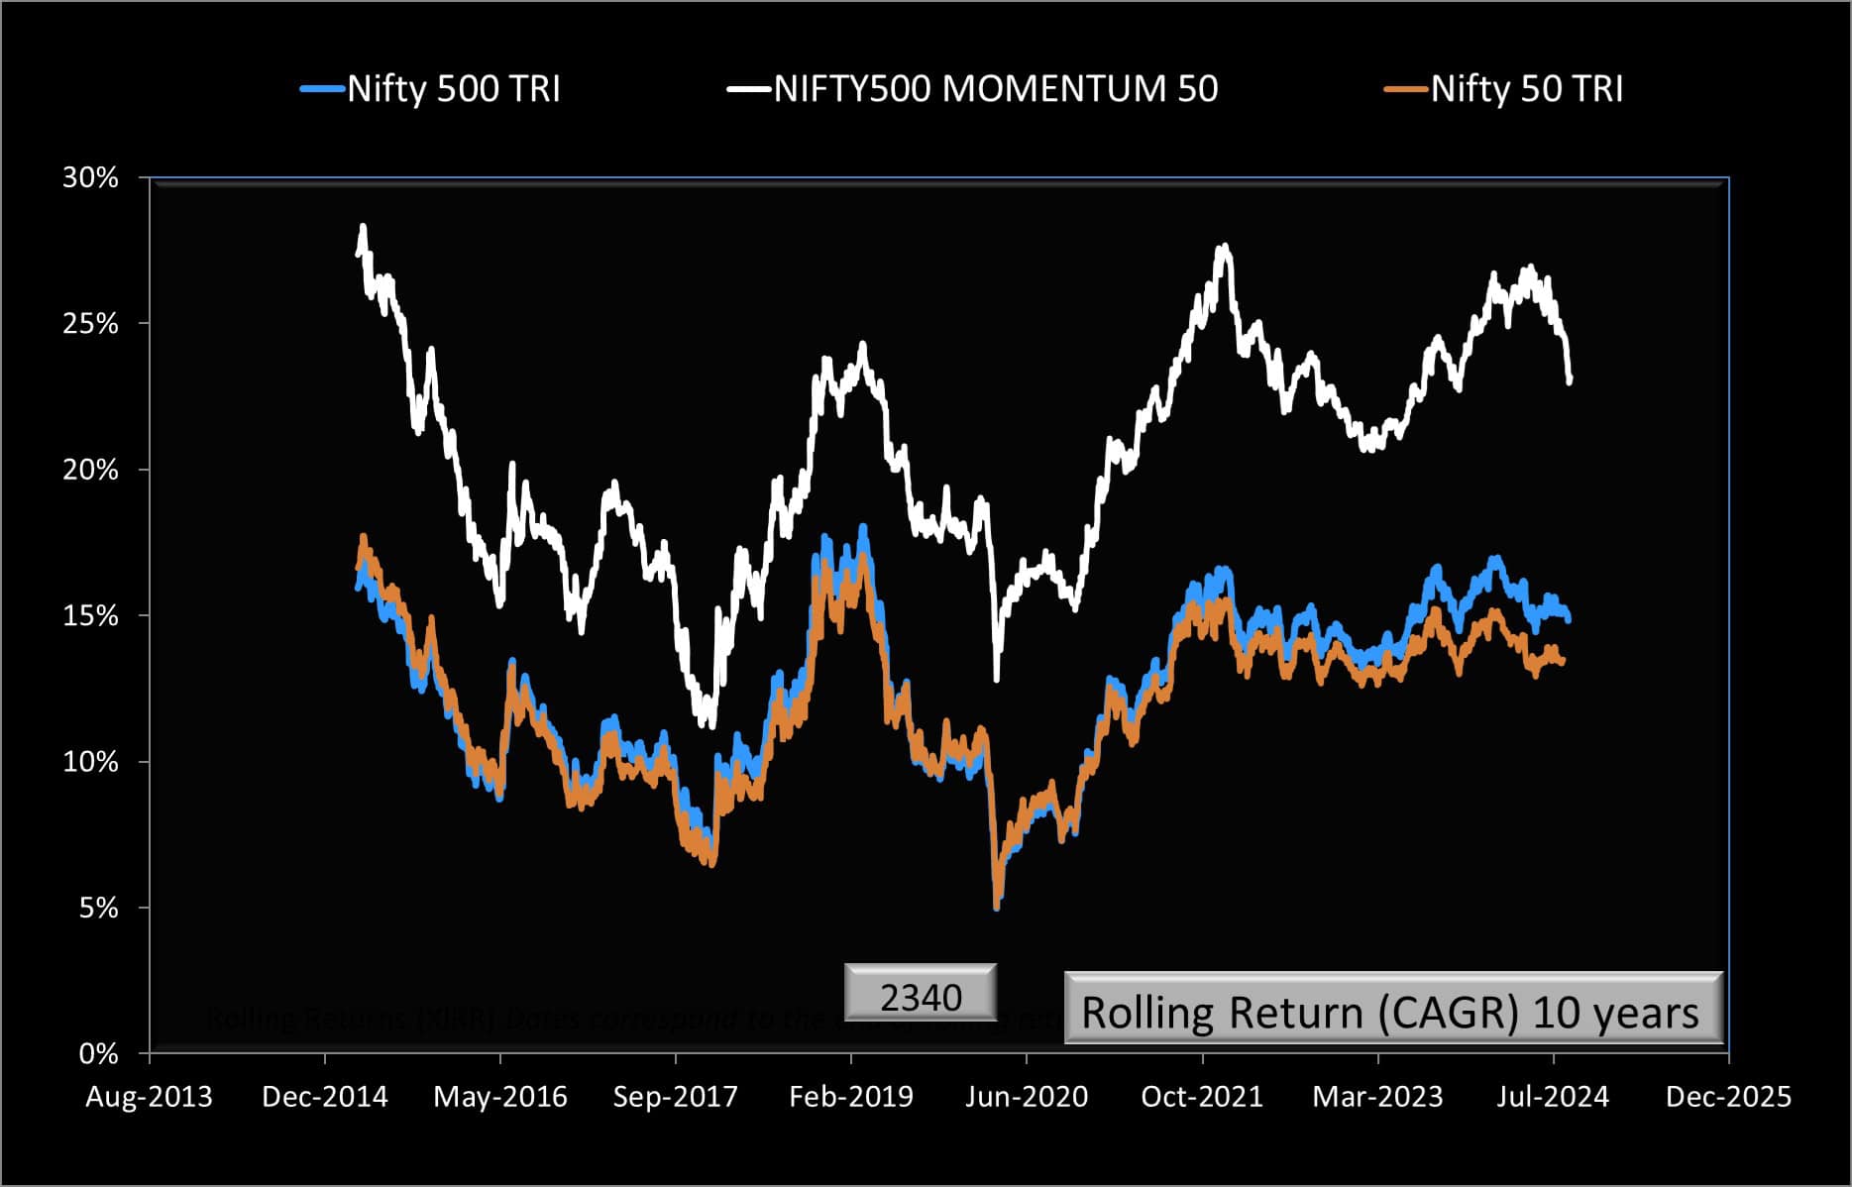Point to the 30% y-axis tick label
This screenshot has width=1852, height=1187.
[90, 178]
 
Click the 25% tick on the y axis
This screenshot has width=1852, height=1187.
[90, 324]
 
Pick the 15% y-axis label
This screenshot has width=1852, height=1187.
[90, 616]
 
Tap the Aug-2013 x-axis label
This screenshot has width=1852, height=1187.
[149, 1097]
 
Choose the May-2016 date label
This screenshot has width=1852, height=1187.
[500, 1097]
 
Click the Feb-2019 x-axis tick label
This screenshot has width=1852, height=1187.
[851, 1097]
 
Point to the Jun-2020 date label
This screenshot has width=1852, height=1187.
[1027, 1097]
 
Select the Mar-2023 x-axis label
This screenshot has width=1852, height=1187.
[1377, 1097]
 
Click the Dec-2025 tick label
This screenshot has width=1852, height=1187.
[1728, 1097]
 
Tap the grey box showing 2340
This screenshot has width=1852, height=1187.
[921, 995]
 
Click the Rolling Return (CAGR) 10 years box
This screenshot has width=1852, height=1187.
[1392, 1011]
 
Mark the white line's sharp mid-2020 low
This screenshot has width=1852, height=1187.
[996, 679]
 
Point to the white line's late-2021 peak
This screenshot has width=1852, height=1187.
[1226, 247]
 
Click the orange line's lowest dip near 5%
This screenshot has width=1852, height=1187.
[996, 906]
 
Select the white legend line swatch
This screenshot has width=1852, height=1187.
[749, 89]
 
